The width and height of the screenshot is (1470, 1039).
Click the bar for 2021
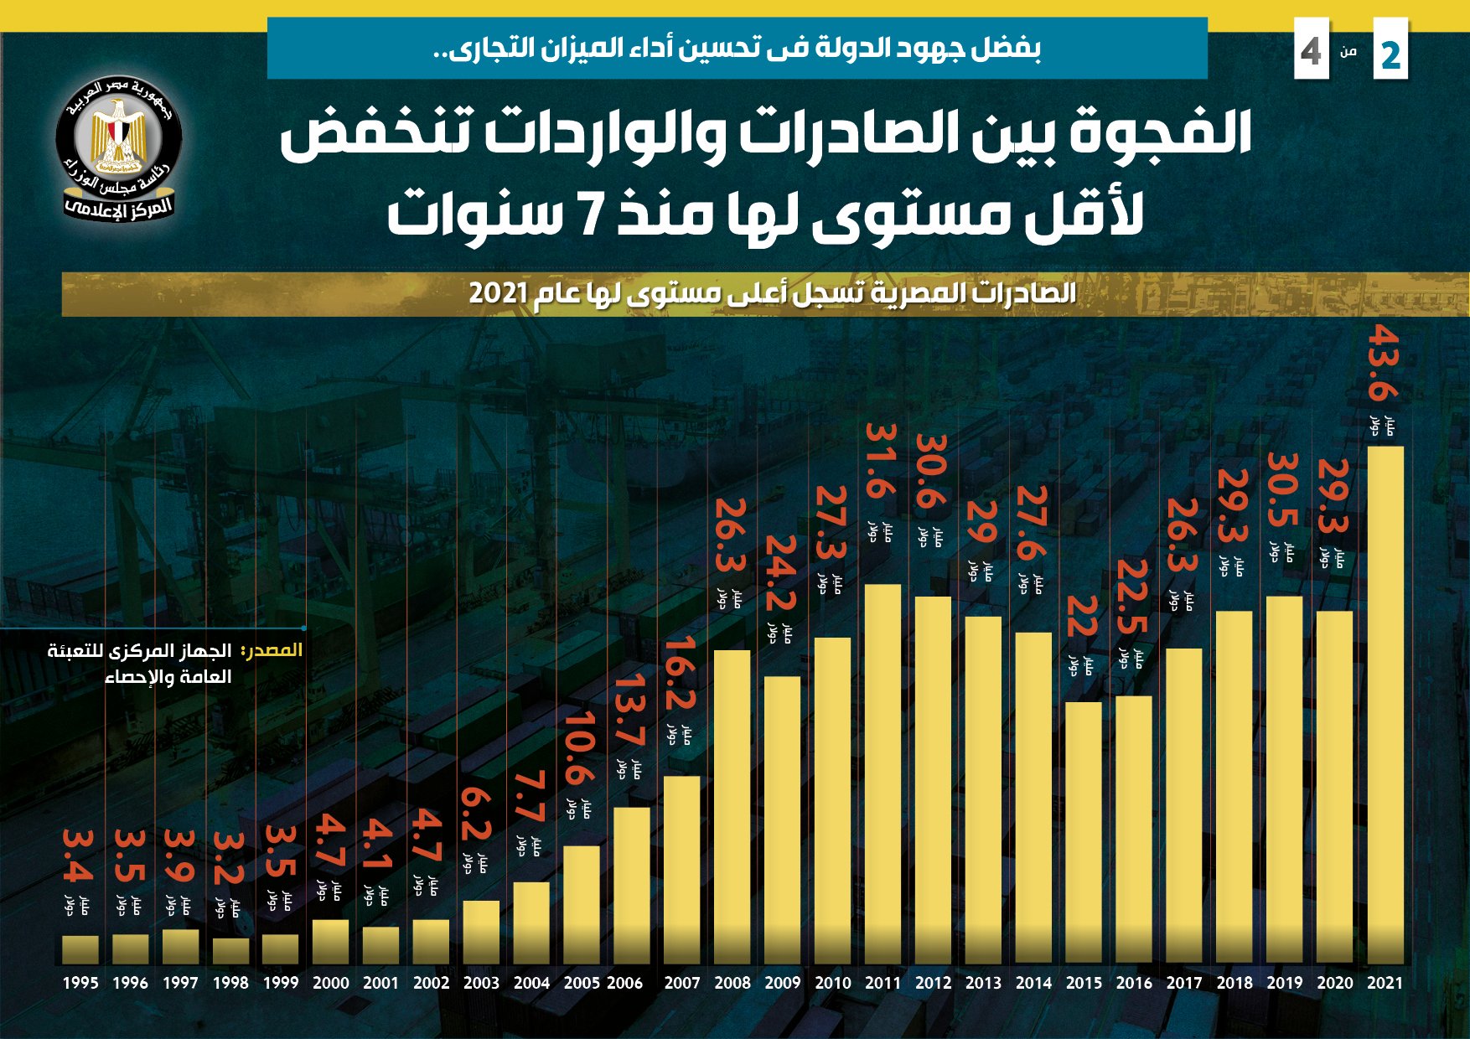tap(1385, 704)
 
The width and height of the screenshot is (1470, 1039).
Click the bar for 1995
tap(80, 949)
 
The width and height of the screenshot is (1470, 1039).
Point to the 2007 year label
tap(681, 983)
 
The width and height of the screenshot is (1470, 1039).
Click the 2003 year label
tap(481, 983)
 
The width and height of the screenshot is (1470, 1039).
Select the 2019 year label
tap(1284, 983)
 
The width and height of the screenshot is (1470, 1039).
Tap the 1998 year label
tap(230, 983)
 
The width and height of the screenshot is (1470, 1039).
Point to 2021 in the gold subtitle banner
tap(498, 293)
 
